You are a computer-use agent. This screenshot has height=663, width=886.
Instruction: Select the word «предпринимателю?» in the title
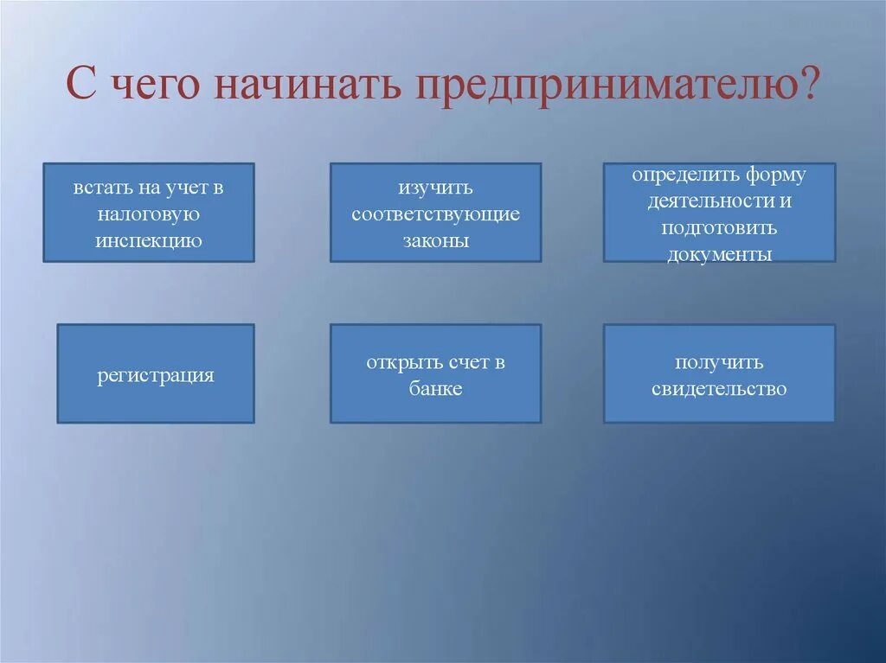click(619, 88)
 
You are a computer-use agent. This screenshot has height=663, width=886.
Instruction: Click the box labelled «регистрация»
click(156, 375)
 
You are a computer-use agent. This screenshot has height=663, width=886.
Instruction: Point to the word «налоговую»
click(149, 214)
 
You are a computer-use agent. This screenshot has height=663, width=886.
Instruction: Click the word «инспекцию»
click(149, 240)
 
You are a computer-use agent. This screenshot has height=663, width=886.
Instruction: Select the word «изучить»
click(435, 187)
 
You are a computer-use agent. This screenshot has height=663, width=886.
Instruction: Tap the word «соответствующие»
click(435, 214)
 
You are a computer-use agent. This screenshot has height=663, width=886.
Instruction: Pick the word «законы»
click(435, 240)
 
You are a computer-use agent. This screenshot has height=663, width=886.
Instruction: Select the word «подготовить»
click(719, 228)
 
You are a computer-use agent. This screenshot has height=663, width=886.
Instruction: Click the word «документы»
click(719, 255)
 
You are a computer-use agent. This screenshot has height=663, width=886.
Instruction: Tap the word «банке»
click(435, 389)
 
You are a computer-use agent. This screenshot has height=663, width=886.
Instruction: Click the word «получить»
click(719, 362)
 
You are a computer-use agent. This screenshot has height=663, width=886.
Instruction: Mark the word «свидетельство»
click(719, 389)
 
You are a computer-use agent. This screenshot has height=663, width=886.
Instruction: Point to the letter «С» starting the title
click(80, 88)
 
